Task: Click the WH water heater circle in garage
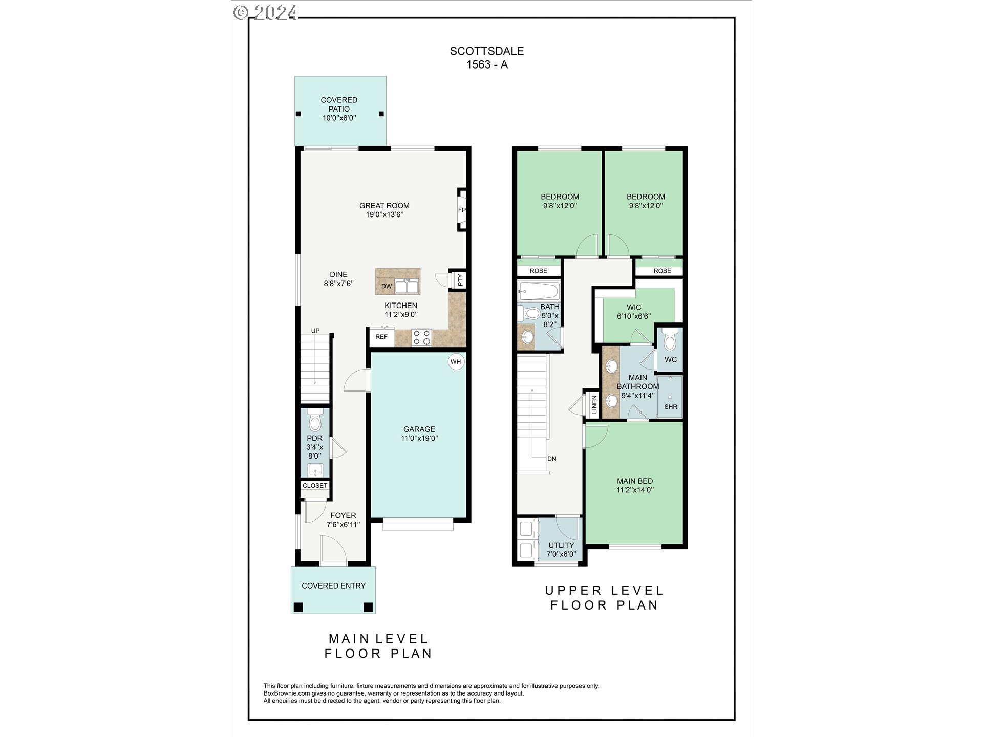click(x=456, y=362)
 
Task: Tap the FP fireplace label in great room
click(x=462, y=210)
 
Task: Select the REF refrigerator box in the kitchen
click(x=381, y=337)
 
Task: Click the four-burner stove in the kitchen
click(x=421, y=338)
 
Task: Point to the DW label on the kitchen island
click(x=387, y=286)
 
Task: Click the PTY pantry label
click(x=460, y=280)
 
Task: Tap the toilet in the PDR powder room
click(x=315, y=421)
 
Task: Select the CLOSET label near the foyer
click(x=315, y=486)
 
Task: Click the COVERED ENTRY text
click(x=333, y=586)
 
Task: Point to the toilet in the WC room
click(x=670, y=341)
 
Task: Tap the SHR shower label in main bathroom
click(x=671, y=407)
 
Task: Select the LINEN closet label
click(x=594, y=404)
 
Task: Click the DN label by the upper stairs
click(x=551, y=459)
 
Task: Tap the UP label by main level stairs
click(x=315, y=331)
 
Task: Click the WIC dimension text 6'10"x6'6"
click(x=634, y=316)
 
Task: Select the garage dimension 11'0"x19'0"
click(x=419, y=438)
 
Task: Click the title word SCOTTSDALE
click(x=486, y=51)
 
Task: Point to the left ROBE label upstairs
click(x=538, y=271)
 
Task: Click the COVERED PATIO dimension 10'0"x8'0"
click(x=339, y=118)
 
